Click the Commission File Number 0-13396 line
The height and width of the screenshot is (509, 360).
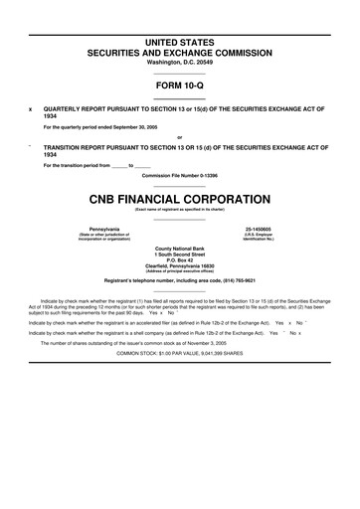[179, 174]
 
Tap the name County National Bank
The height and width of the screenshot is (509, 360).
[179, 248]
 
